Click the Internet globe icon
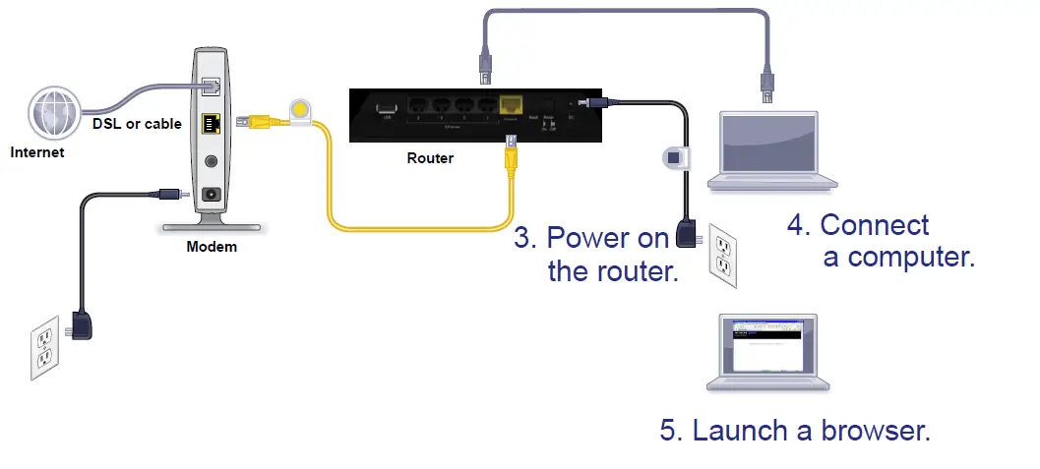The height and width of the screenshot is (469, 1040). coord(54,114)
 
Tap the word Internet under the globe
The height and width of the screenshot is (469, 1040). coord(38,152)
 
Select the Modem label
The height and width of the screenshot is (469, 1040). coord(212,247)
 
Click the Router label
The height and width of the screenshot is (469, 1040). coord(430,157)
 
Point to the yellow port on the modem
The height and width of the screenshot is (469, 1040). coord(209,124)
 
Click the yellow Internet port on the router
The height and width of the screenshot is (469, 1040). coord(511,106)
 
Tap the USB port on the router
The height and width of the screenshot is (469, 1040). coord(385,105)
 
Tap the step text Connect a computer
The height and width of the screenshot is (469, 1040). coord(881,241)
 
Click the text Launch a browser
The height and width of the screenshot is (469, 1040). coord(795,431)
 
